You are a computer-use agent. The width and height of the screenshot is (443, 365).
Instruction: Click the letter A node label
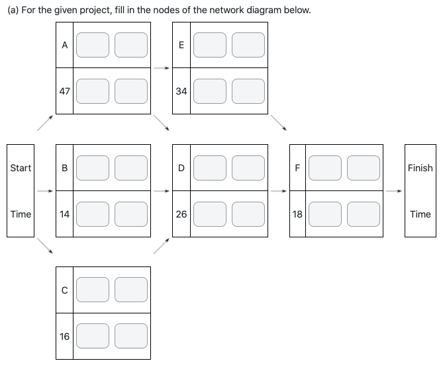[64, 45]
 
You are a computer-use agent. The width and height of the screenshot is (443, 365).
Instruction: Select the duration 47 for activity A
[64, 91]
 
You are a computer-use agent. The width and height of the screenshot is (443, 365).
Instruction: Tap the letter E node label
[181, 45]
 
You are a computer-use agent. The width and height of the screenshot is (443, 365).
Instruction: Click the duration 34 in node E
[181, 91]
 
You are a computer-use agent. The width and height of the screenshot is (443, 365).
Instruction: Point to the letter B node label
[64, 168]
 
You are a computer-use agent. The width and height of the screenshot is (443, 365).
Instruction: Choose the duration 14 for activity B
[64, 214]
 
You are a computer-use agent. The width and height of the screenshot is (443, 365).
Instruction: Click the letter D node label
[181, 168]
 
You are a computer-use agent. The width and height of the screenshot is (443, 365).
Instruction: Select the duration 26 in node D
[181, 214]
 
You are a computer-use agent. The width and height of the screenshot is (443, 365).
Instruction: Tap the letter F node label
[298, 168]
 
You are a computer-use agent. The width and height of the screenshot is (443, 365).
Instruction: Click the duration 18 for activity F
[298, 214]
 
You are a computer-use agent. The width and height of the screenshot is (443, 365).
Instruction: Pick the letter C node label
[64, 290]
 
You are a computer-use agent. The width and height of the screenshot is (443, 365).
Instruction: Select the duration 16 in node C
[64, 337]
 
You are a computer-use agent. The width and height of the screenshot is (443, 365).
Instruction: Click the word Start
[21, 168]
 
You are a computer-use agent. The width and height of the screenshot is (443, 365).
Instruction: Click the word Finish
[420, 168]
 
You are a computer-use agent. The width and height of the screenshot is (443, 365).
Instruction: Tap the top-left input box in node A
[93, 45]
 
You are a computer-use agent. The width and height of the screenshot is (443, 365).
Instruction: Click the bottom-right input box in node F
[364, 214]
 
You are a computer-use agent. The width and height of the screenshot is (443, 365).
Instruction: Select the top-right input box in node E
[248, 45]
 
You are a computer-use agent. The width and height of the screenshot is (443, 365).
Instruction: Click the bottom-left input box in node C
[93, 337]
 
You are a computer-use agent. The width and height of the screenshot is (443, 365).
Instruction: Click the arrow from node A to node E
[161, 67]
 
